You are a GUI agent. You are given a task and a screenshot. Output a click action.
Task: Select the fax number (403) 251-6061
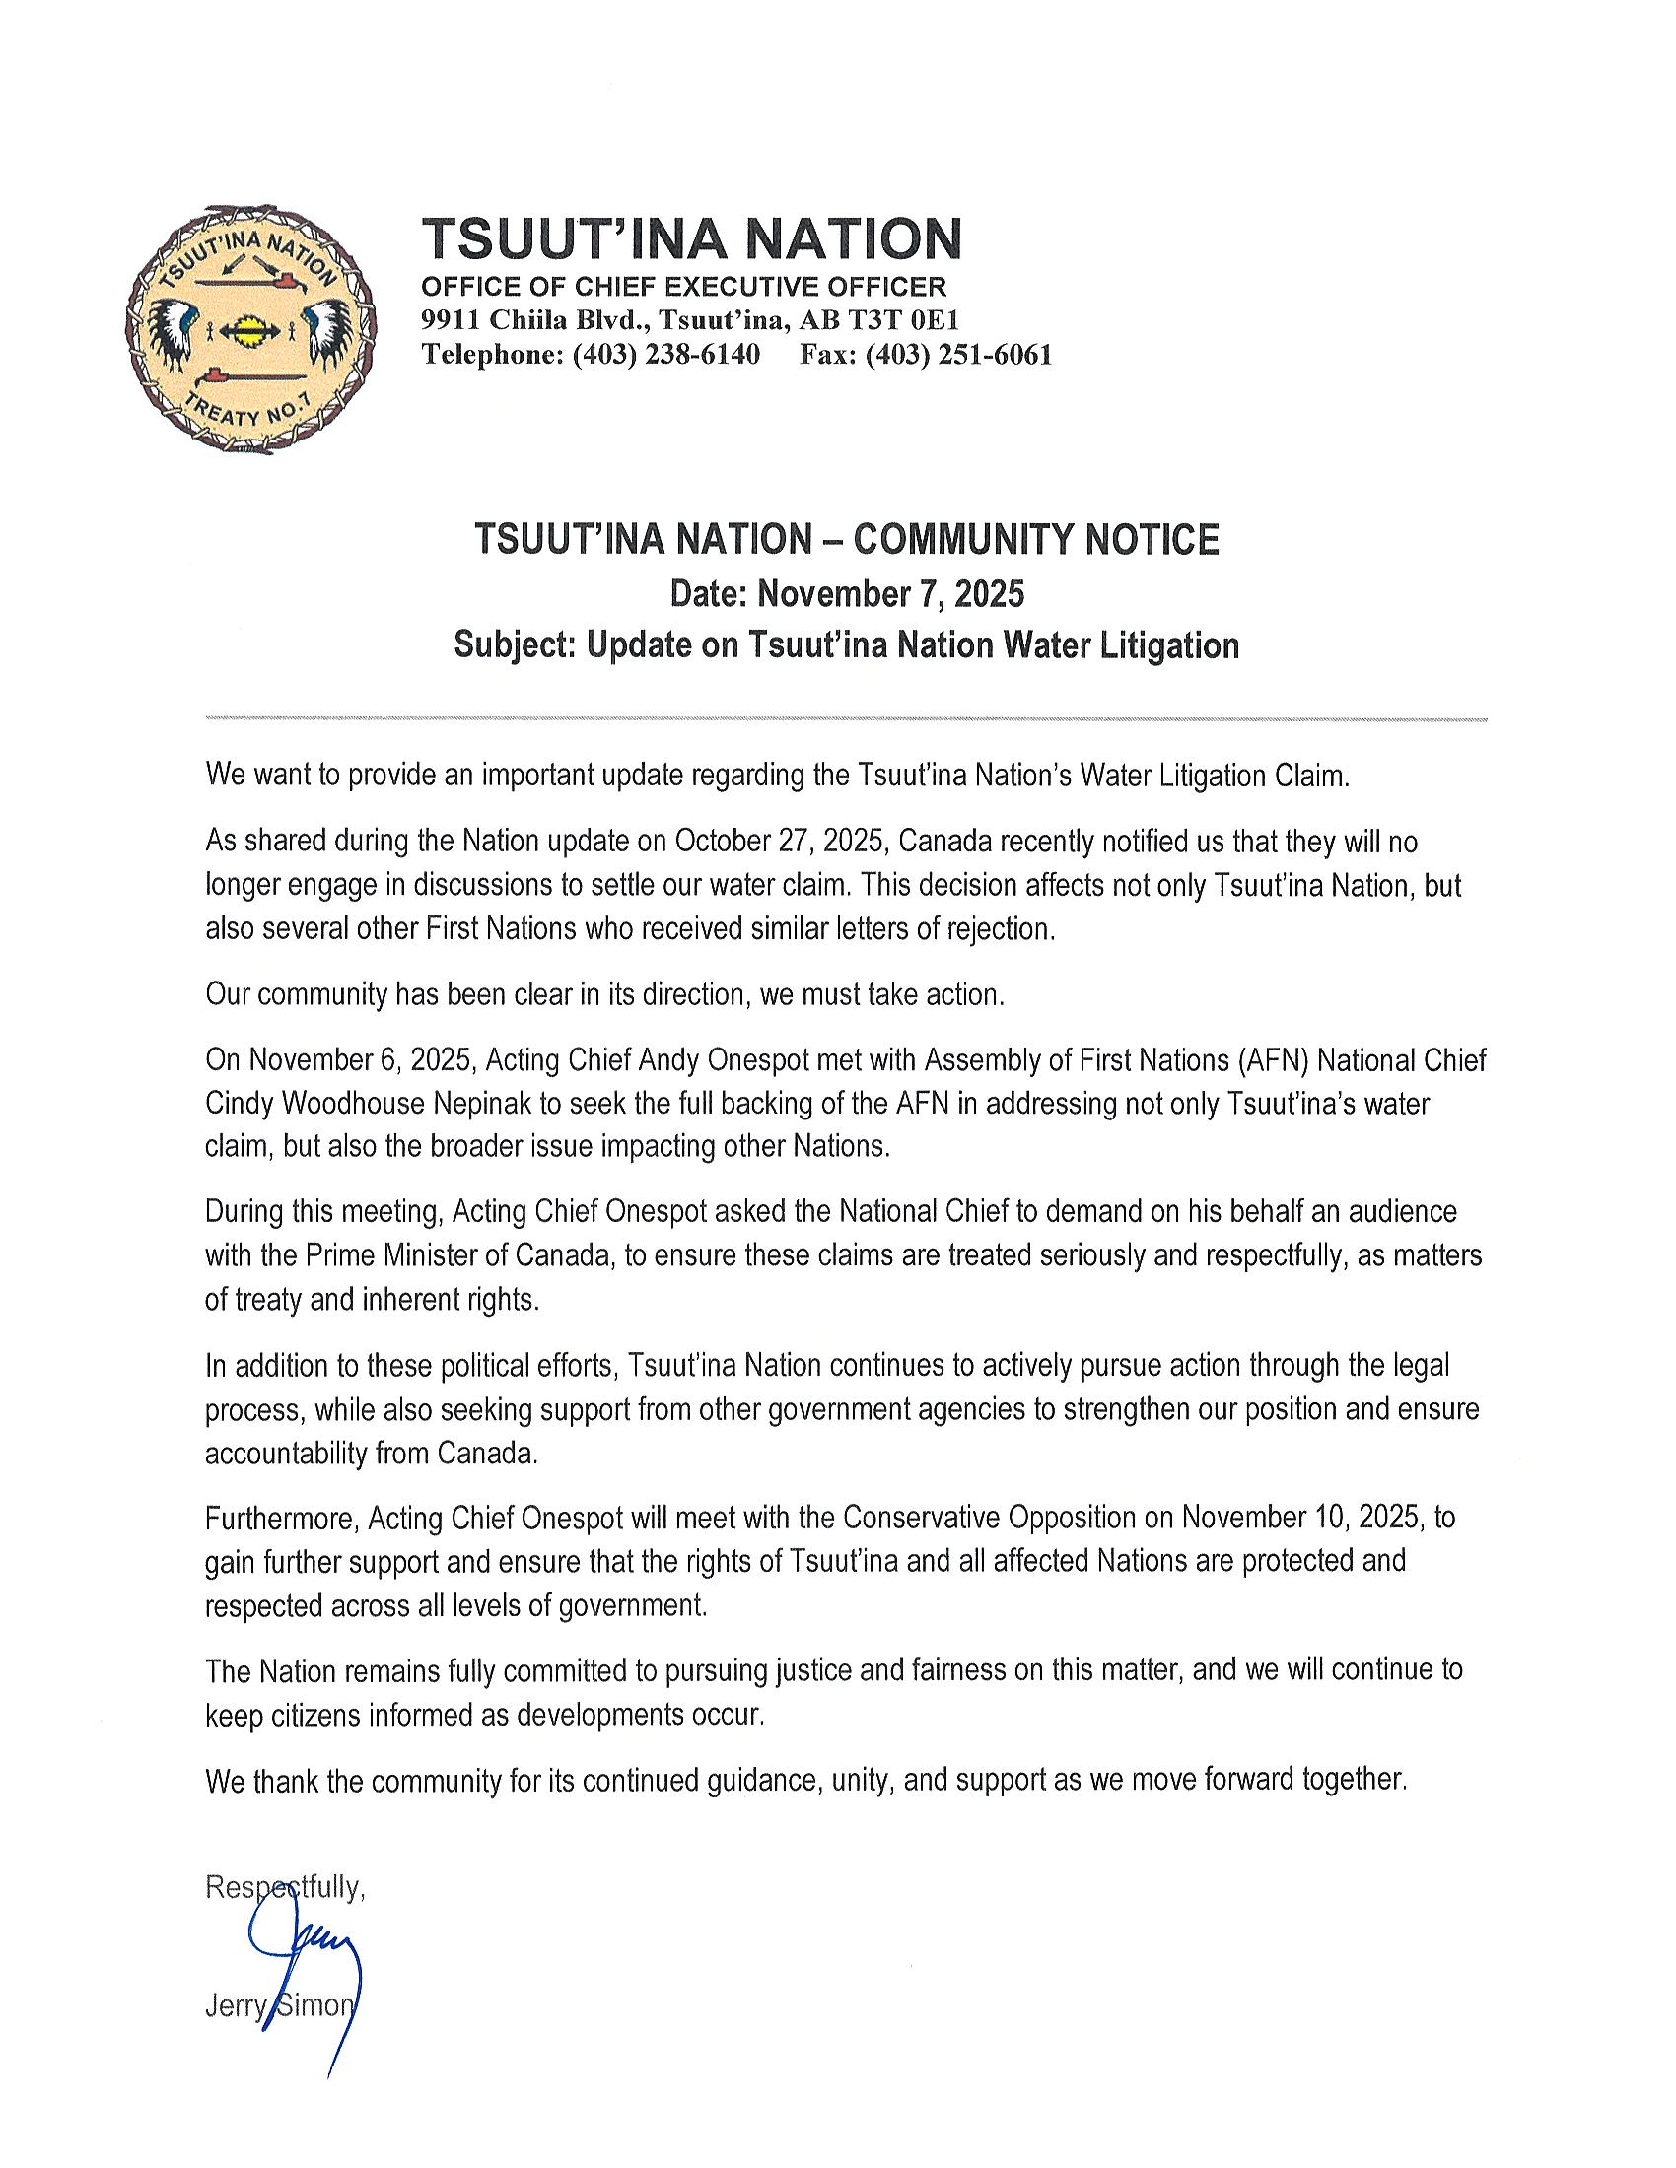pos(958,355)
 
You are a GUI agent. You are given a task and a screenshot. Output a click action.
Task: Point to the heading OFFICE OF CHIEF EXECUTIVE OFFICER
pos(684,287)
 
